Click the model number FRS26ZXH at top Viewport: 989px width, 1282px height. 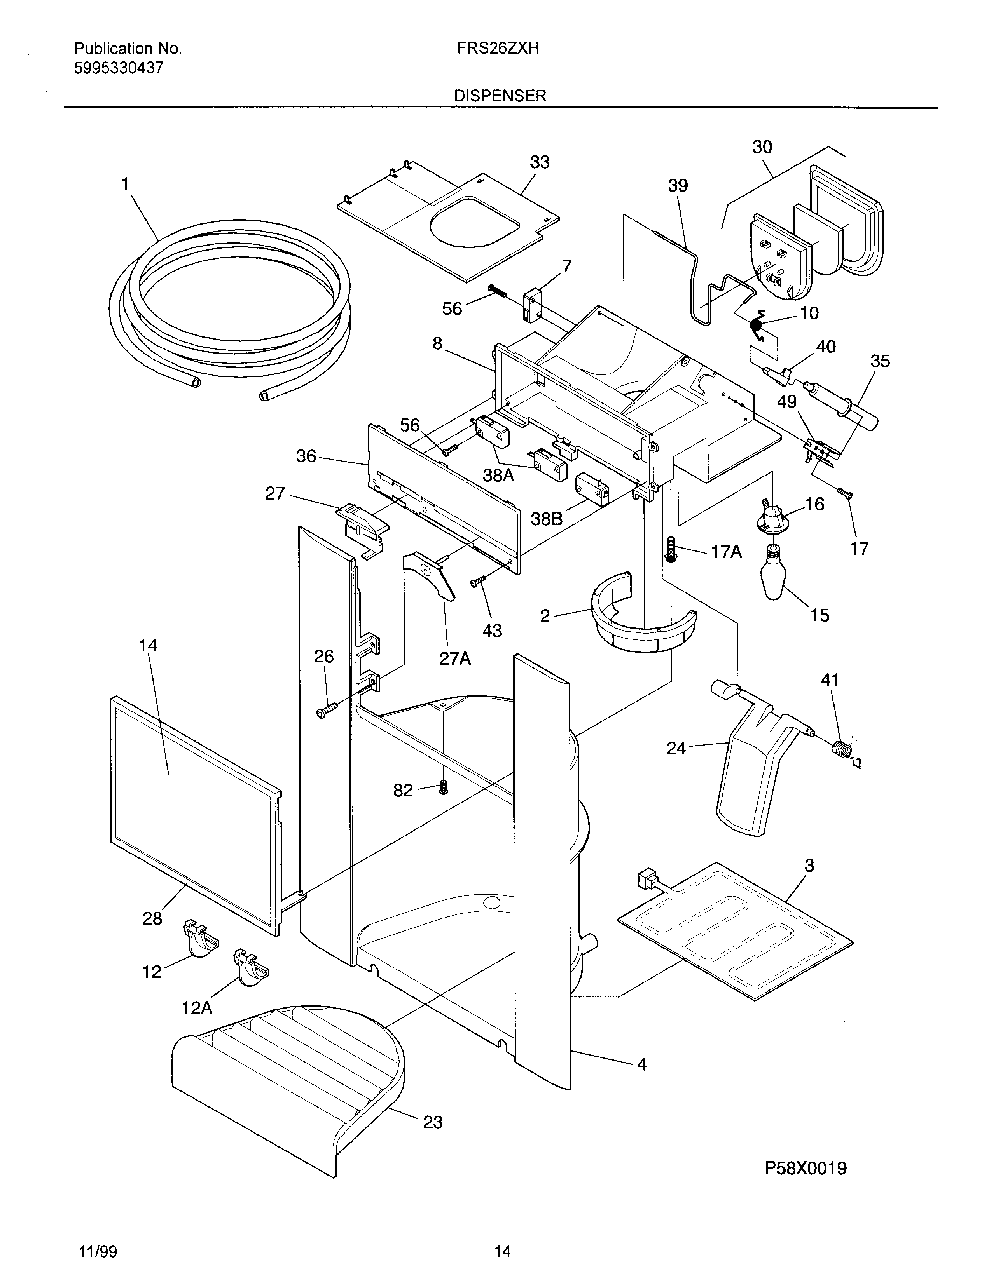498,48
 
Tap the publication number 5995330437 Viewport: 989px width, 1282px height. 118,68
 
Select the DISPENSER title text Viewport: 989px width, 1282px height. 500,96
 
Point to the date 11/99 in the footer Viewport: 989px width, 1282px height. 98,1252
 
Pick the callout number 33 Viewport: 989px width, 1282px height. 539,162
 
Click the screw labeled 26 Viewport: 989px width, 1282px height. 324,711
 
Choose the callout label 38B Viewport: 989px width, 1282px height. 546,518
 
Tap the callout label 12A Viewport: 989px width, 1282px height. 197,1008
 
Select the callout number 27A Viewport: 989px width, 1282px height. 455,658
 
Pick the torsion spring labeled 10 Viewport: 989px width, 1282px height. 758,324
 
